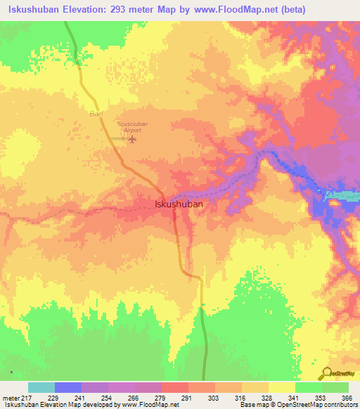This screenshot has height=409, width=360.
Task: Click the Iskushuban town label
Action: (179, 204)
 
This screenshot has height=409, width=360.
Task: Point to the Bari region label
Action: (96, 112)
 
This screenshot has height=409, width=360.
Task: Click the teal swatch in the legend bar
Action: (41, 387)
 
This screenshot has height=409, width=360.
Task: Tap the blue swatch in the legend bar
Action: (67, 387)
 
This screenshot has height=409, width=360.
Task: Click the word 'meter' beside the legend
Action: (9, 397)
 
